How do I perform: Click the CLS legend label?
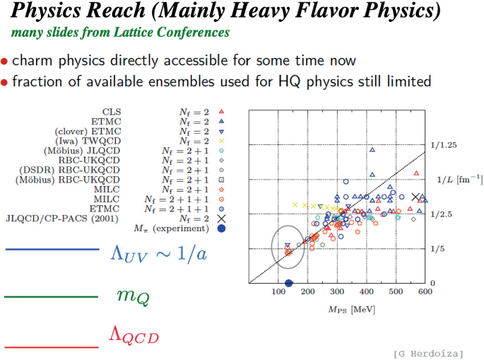tap(112, 112)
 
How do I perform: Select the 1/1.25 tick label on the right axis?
tap(443, 145)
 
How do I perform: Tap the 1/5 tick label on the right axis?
tap(439, 249)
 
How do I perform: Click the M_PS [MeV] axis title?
tap(351, 309)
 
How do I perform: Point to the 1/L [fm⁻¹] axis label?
tap(459, 180)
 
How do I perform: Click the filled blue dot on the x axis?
tap(288, 283)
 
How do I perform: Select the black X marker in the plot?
tap(415, 197)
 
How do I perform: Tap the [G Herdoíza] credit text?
tap(429, 352)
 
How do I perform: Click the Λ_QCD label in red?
tap(134, 335)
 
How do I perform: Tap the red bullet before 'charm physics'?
tap(5, 62)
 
